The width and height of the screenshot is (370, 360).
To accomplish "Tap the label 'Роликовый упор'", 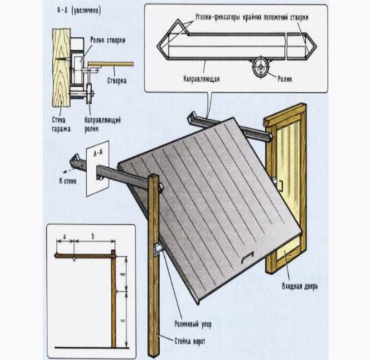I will pyautogui.click(x=192, y=325).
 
